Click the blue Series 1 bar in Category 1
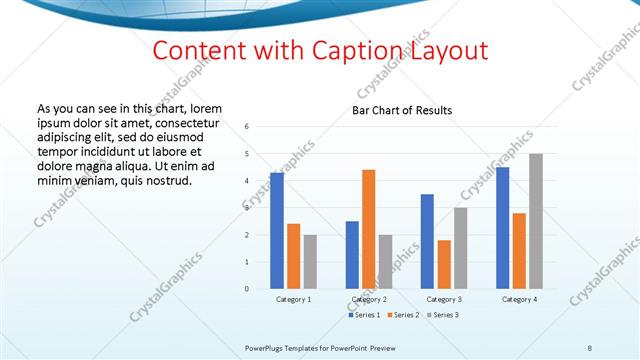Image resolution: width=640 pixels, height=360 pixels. (x=276, y=231)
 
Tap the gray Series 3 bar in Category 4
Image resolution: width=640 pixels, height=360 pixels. (x=536, y=221)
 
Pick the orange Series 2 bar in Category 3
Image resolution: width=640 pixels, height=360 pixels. (x=444, y=264)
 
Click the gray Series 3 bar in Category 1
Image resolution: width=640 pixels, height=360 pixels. (x=310, y=262)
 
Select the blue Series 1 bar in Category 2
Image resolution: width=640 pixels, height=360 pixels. (x=352, y=255)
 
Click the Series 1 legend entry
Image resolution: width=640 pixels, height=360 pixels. (x=365, y=315)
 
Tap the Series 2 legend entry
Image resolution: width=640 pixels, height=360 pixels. (x=402, y=315)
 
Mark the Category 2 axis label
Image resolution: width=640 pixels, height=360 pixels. (x=368, y=299)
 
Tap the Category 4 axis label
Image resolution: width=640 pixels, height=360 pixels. (x=519, y=299)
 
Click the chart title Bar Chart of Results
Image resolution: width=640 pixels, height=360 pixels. (x=401, y=110)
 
